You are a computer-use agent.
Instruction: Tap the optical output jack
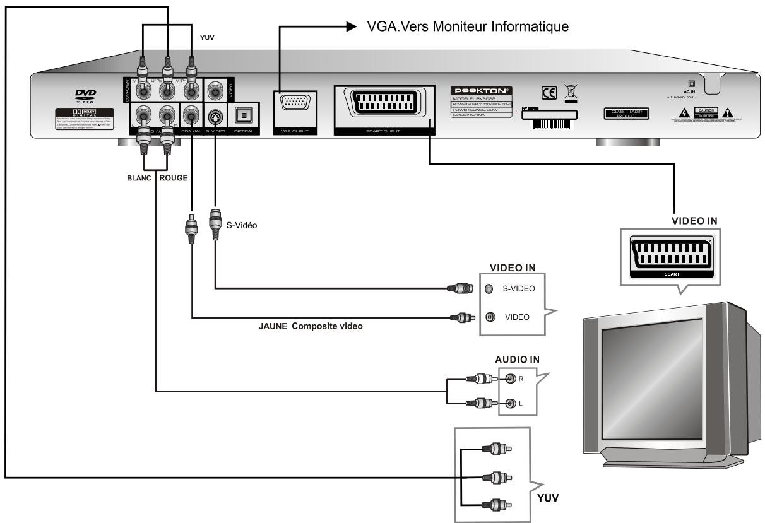point(243,114)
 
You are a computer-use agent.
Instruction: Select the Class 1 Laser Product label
point(624,113)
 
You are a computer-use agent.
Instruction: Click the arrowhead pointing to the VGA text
point(351,26)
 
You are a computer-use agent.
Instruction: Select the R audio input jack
point(511,380)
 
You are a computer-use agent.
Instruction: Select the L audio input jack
point(511,402)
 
